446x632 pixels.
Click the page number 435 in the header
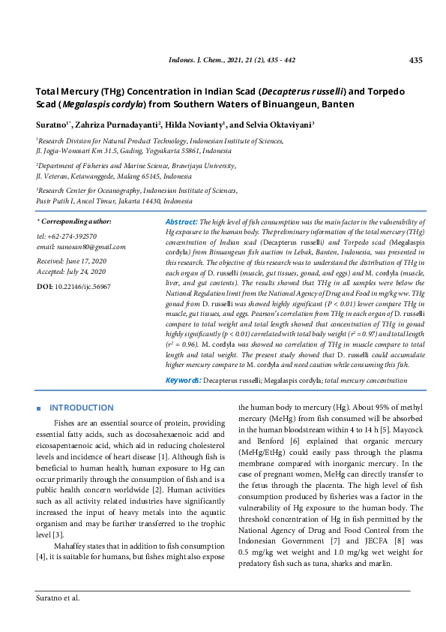point(417,60)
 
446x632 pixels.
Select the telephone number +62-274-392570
point(74,236)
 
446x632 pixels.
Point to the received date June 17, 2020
point(85,260)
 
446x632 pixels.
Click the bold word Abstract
point(181,222)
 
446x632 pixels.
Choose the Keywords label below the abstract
point(183,381)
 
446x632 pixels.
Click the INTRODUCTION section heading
point(82,408)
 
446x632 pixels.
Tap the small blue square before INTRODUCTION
point(38,408)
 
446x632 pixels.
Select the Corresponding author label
point(76,222)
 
